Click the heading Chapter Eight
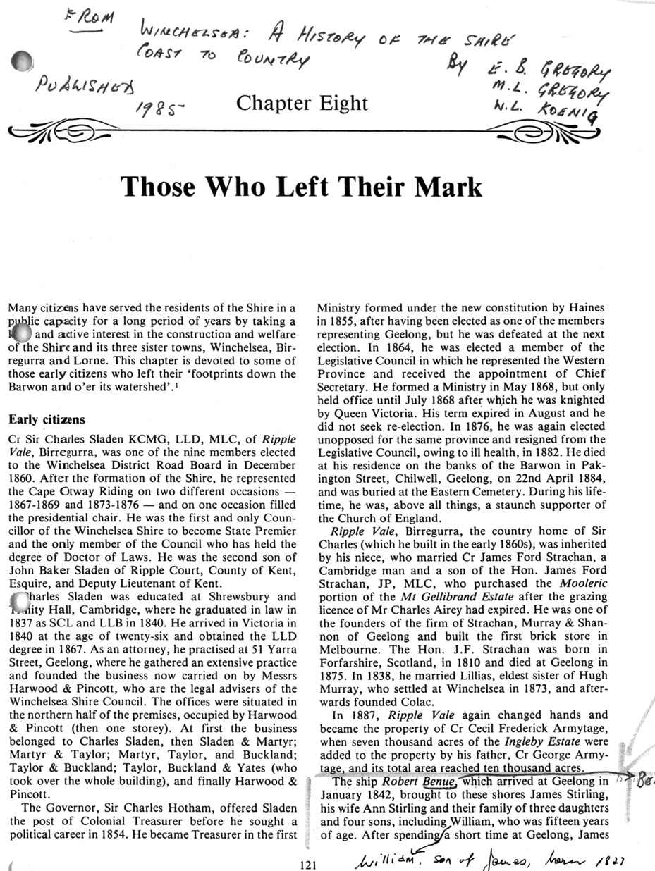click(302, 104)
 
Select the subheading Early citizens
click(47, 420)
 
